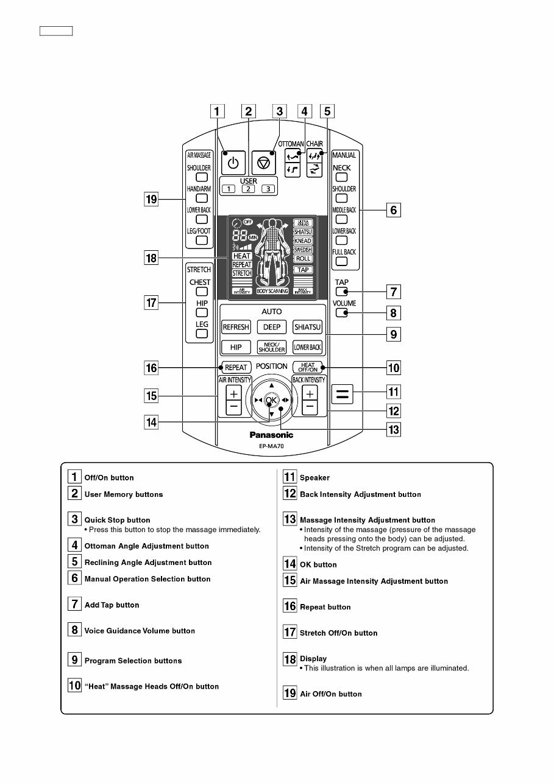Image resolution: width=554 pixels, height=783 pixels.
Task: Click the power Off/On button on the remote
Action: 233,163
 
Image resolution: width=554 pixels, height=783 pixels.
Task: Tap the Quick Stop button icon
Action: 263,163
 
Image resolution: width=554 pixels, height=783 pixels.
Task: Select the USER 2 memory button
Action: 248,189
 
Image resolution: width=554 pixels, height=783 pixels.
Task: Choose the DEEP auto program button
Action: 271,327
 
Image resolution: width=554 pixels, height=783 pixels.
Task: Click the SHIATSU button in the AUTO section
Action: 307,327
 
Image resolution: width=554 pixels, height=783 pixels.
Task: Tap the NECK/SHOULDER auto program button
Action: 271,347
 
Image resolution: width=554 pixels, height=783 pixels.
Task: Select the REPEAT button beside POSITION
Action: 235,367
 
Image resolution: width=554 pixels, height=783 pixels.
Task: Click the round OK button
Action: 271,399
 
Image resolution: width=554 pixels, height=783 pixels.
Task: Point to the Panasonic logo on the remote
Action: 271,435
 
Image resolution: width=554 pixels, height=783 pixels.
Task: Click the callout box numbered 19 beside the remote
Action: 151,198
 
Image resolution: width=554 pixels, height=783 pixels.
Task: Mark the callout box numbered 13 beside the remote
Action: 394,430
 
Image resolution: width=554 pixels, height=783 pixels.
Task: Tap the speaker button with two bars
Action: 343,394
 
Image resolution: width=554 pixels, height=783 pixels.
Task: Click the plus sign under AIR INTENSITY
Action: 234,393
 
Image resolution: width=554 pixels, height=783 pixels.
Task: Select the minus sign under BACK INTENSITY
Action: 310,406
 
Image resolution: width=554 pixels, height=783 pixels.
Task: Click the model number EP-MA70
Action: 271,446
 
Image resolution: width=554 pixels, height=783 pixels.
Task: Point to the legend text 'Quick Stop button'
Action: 117,520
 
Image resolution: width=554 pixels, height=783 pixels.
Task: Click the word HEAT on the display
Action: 242,256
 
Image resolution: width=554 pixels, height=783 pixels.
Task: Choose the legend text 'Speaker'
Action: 314,478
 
